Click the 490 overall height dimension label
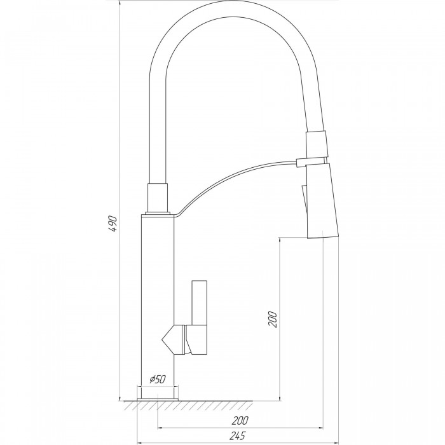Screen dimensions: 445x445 (x=113, y=224)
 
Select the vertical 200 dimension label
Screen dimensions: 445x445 (x=273, y=319)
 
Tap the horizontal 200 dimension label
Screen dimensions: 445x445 (x=240, y=421)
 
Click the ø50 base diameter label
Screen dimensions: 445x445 (x=157, y=379)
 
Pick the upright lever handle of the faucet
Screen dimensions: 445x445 (x=200, y=317)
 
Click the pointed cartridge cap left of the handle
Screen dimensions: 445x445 (x=174, y=339)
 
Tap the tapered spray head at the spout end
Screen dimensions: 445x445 (x=322, y=200)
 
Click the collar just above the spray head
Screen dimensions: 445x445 (x=317, y=144)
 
